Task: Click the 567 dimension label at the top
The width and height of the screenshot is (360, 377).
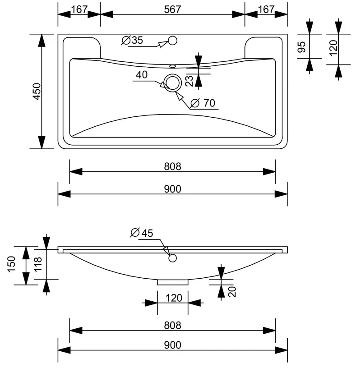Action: (x=172, y=9)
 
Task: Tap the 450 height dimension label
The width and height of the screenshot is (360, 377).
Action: (x=37, y=92)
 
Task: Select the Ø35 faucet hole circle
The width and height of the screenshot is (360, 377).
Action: (x=172, y=41)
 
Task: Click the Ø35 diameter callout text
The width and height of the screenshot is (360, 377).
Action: (x=132, y=41)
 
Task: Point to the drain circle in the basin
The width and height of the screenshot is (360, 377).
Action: (x=172, y=83)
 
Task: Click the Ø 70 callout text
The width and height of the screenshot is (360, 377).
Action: (x=203, y=103)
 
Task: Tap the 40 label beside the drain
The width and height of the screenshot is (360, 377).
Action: (x=142, y=75)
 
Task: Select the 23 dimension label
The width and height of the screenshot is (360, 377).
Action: (x=189, y=81)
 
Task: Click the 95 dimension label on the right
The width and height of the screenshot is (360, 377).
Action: (x=301, y=47)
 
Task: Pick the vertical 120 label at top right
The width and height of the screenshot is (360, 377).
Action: (x=333, y=48)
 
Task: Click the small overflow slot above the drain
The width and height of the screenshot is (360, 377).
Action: (x=173, y=66)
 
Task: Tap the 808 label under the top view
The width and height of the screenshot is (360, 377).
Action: (x=172, y=166)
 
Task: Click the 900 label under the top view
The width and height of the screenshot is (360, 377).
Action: (x=172, y=189)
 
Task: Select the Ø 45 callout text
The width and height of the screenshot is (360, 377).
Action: (x=142, y=233)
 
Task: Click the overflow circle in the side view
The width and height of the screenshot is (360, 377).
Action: (x=172, y=258)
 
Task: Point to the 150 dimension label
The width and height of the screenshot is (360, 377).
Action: (x=12, y=264)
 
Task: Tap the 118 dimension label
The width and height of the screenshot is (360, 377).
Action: (x=38, y=264)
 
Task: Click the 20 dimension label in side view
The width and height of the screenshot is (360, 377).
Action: (x=232, y=292)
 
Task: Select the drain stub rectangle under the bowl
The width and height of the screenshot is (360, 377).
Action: (x=173, y=282)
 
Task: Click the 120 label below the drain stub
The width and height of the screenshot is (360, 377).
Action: (x=174, y=298)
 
